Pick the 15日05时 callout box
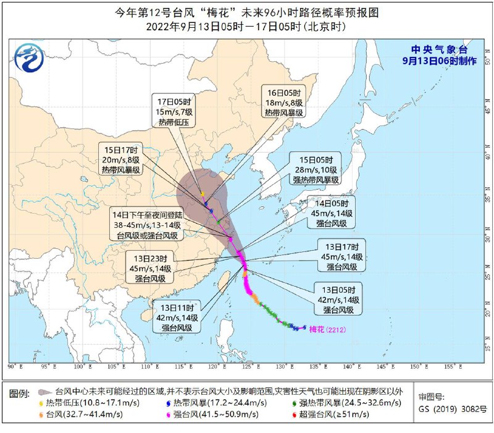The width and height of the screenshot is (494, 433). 316,169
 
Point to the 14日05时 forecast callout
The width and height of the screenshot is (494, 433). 332,213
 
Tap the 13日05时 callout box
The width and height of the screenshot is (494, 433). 338,300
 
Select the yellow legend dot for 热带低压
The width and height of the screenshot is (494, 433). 41,403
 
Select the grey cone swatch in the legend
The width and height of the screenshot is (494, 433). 43,392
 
